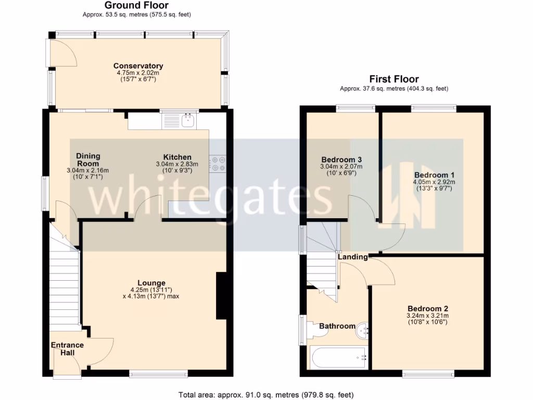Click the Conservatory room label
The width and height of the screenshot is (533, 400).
tap(138, 66)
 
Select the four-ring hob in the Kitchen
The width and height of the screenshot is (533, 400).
tap(217, 164)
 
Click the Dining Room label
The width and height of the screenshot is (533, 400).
tap(88, 159)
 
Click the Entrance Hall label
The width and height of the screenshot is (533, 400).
tap(67, 348)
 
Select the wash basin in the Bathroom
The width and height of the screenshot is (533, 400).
tap(363, 329)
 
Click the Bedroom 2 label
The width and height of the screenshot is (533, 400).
tap(428, 308)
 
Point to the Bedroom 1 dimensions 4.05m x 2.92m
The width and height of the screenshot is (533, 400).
tap(434, 182)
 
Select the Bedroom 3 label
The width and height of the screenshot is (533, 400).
tap(341, 159)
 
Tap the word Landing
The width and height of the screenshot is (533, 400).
tap(352, 257)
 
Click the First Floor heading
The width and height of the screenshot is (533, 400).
tap(394, 79)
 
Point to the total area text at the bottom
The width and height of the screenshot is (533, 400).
tap(266, 394)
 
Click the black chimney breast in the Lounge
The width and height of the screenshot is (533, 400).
tap(221, 295)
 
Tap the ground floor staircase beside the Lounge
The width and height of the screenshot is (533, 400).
tap(65, 286)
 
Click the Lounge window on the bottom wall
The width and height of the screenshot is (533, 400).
tap(158, 373)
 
